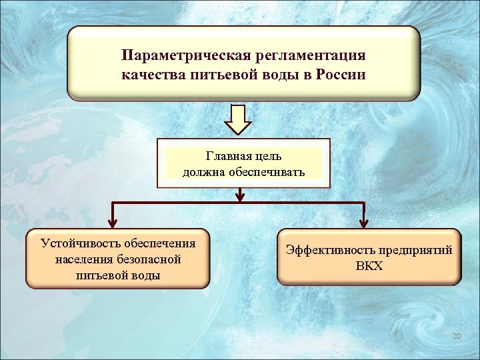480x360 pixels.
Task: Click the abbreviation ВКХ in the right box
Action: (x=369, y=267)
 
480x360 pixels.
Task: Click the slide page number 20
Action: (x=456, y=335)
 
